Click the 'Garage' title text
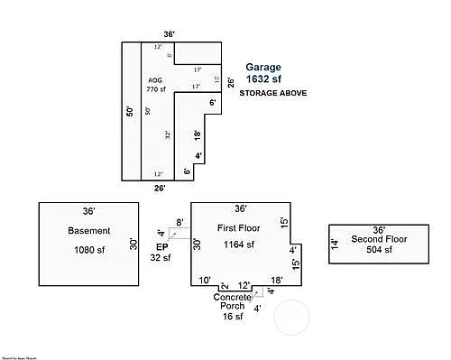pyautogui.click(x=264, y=68)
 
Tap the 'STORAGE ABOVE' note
pyautogui.click(x=274, y=93)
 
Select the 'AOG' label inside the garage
pyautogui.click(x=154, y=80)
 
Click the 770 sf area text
pyautogui.click(x=157, y=89)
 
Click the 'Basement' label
pyautogui.click(x=88, y=230)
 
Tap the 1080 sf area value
pyautogui.click(x=88, y=249)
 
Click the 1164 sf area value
pyautogui.click(x=239, y=244)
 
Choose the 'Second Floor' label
pyautogui.click(x=379, y=239)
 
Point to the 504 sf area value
pyautogui.click(x=379, y=250)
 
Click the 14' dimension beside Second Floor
pyautogui.click(x=333, y=242)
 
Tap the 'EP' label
pyautogui.click(x=162, y=246)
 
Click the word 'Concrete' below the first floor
pyautogui.click(x=233, y=297)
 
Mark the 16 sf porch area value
pyautogui.click(x=233, y=317)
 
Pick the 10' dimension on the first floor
pyautogui.click(x=205, y=281)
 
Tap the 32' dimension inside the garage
pyautogui.click(x=168, y=134)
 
